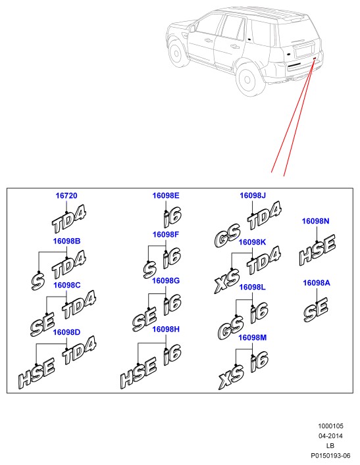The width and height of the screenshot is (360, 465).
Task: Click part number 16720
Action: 66,196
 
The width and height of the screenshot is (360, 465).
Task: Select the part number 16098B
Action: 66,241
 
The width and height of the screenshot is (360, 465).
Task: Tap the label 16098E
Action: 166,196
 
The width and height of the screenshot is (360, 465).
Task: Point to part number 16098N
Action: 315,221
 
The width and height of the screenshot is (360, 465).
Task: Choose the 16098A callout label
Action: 317,283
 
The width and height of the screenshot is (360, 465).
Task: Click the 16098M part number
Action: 253,338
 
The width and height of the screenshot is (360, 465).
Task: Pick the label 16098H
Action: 166,330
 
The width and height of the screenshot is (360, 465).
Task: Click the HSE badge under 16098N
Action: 317,250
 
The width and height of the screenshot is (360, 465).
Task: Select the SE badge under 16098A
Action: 316,310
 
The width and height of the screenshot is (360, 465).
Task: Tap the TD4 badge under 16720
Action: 69,220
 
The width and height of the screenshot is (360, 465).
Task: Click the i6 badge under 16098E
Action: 172,217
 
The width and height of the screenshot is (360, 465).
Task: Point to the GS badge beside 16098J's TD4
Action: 227,235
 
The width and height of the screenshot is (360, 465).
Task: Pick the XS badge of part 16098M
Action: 231,378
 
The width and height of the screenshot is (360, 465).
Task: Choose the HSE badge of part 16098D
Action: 36,374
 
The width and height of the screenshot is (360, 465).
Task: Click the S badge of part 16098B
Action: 38,281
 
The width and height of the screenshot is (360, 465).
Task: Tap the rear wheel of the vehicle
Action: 247,79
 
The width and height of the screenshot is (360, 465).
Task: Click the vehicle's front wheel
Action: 176,54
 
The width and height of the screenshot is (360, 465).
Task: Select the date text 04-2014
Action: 330,436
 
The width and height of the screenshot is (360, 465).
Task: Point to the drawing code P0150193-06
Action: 330,456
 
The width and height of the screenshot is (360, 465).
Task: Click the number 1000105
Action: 330,426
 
